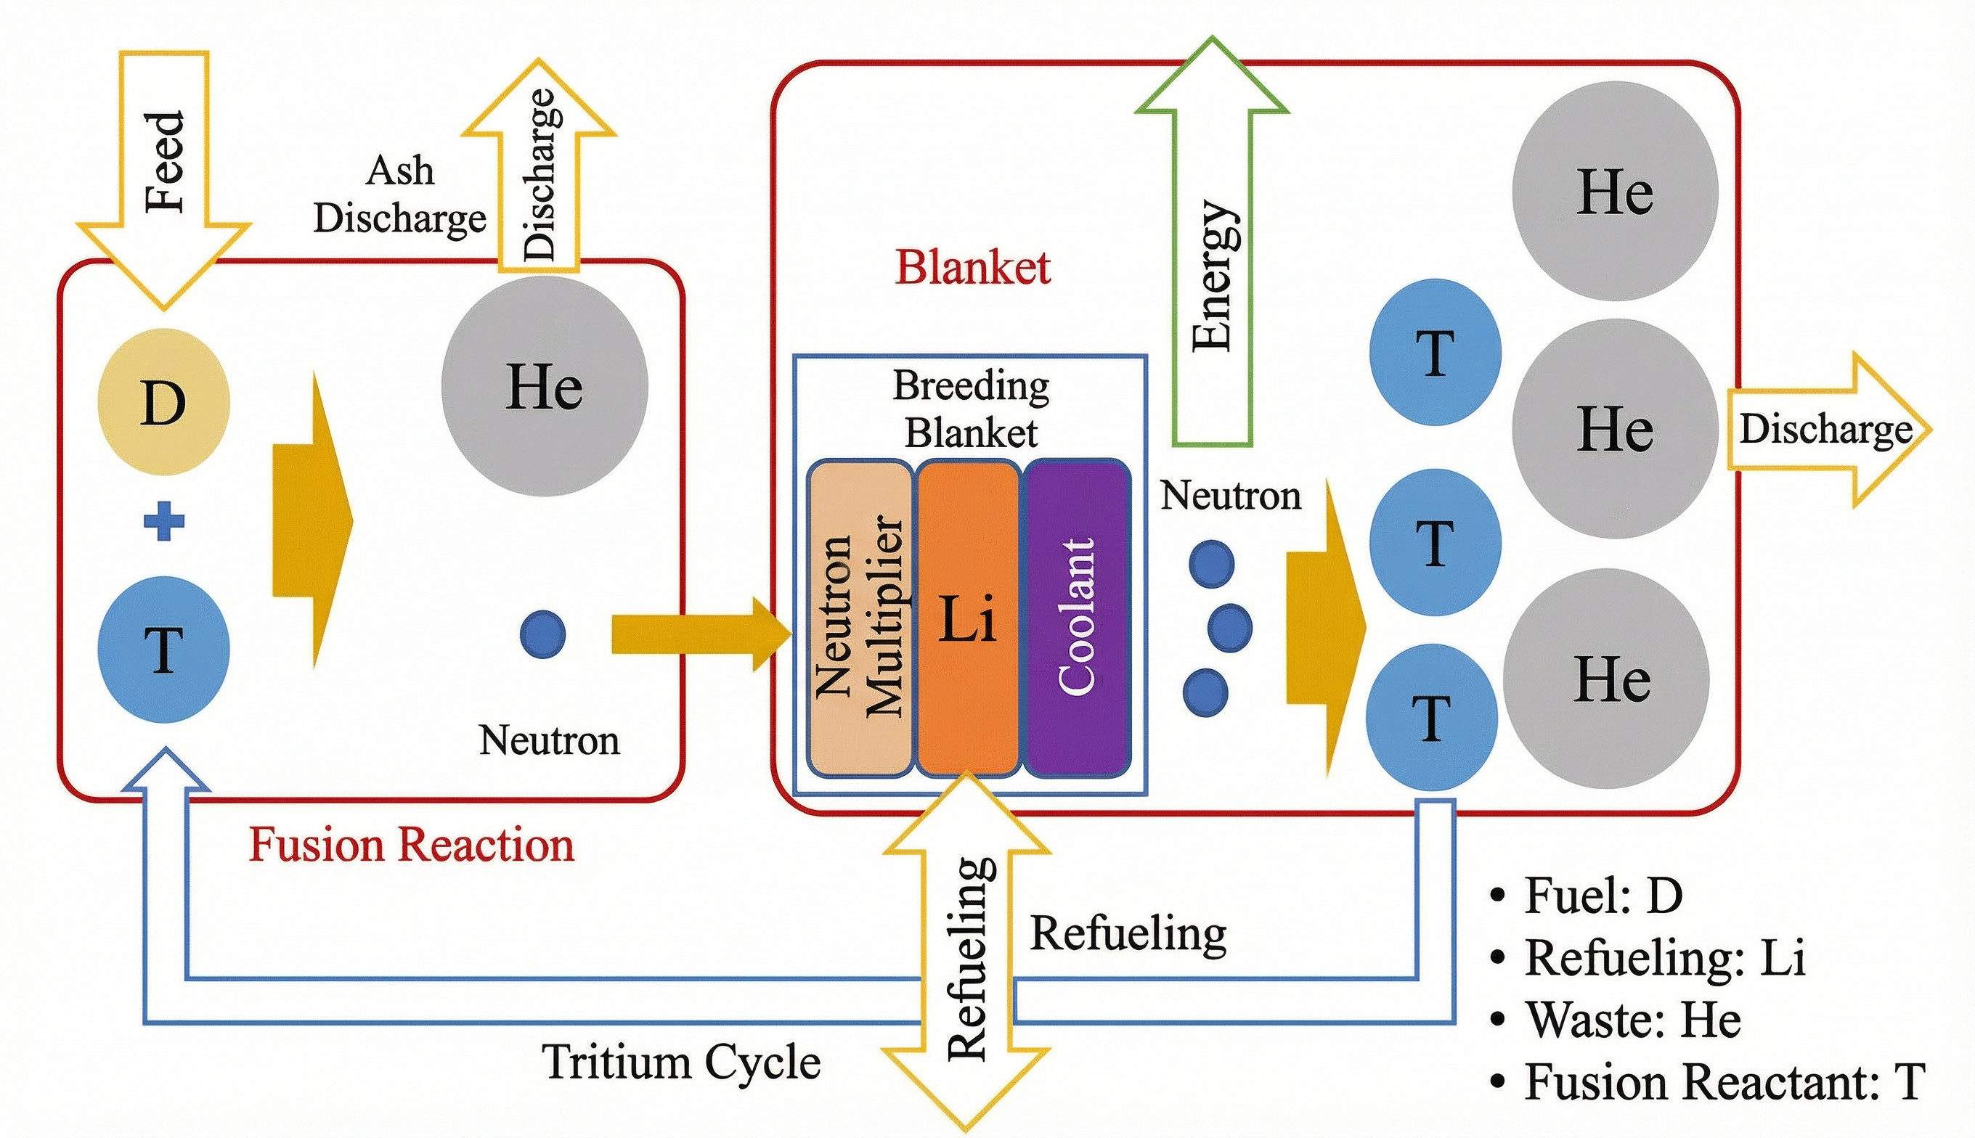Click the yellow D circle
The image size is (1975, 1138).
[x=163, y=402]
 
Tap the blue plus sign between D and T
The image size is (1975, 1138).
[x=164, y=521]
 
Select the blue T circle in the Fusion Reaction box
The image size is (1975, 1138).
[x=163, y=650]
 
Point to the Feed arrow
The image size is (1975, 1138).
[x=164, y=164]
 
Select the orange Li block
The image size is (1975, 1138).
[x=968, y=618]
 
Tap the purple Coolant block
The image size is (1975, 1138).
[x=1077, y=618]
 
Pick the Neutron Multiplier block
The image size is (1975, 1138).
[x=859, y=618]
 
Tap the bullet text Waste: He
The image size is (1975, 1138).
[x=1632, y=1020]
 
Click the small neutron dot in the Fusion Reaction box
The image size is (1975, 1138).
[x=542, y=634]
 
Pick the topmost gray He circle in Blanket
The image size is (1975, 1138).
[x=1615, y=192]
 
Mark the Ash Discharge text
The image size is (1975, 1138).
[x=399, y=195]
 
